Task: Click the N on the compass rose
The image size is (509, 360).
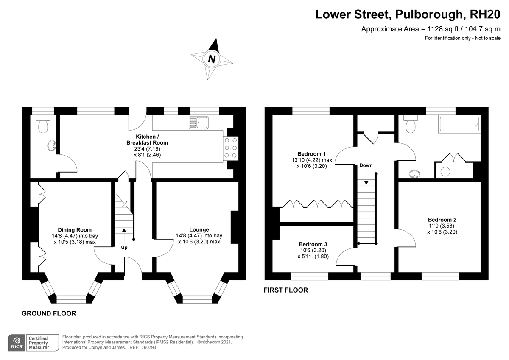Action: tap(212, 59)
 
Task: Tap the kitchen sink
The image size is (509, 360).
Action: tap(199, 123)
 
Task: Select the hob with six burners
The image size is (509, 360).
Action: tap(231, 148)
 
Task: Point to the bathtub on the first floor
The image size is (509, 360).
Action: tap(459, 124)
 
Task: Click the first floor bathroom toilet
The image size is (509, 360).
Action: tap(411, 124)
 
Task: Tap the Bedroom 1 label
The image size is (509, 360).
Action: tap(311, 154)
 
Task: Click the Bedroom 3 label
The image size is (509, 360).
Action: tap(313, 244)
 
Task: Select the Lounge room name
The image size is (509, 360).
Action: tap(199, 230)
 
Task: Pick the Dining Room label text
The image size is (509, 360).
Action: tap(75, 230)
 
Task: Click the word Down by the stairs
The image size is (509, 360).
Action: tap(366, 165)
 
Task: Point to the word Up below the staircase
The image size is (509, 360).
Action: tap(124, 248)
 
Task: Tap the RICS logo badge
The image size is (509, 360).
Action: tap(17, 343)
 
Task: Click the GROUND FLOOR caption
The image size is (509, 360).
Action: tap(49, 313)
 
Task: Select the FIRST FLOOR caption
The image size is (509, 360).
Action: tap(286, 290)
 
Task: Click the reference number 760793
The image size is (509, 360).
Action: tap(148, 347)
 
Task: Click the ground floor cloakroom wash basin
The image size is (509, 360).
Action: tap(52, 145)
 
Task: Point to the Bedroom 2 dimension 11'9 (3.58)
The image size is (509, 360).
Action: tap(442, 226)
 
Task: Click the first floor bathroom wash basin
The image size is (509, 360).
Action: tap(414, 174)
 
